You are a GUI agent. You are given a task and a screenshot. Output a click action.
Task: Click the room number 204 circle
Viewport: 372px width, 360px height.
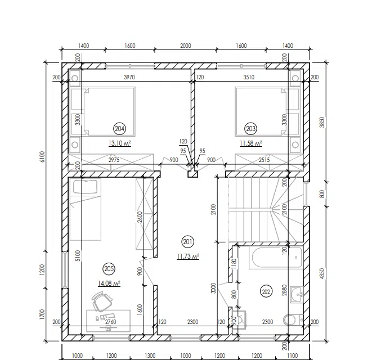[x=119, y=129]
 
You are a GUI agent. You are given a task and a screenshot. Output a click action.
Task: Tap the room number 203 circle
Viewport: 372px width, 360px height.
[x=250, y=129]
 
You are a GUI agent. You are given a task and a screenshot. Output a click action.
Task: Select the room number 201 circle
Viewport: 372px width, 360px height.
[x=187, y=242]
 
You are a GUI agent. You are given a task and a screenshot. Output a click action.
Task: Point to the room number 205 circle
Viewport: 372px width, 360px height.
[x=109, y=269]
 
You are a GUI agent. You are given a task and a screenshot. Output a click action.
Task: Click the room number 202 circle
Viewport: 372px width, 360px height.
[x=266, y=291]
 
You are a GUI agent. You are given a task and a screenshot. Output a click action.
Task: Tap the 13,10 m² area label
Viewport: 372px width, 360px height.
[x=120, y=143]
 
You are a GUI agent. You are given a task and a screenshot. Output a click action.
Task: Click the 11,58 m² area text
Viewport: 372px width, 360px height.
[x=251, y=143]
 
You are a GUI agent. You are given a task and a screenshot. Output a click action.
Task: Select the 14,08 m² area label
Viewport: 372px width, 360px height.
[x=109, y=283]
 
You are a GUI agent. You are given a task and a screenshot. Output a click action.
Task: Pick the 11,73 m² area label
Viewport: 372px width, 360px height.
[x=188, y=256]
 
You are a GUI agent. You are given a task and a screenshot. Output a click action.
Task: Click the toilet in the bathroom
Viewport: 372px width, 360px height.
[x=293, y=320]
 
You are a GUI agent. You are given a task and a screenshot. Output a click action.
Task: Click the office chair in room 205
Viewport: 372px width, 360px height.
[x=102, y=301]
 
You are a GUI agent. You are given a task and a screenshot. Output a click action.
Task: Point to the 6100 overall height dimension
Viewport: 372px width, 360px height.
[x=42, y=156]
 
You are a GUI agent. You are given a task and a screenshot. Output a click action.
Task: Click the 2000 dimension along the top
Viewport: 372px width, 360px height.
[x=186, y=46]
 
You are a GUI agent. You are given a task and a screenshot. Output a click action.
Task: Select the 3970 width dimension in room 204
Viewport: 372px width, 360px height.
[x=129, y=77]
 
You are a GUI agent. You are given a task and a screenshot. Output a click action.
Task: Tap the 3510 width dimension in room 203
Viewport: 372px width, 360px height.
[x=249, y=77]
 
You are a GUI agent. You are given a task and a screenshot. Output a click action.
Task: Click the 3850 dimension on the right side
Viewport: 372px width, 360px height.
[x=322, y=122]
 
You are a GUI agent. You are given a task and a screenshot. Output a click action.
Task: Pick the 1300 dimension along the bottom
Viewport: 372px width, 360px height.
[x=150, y=355]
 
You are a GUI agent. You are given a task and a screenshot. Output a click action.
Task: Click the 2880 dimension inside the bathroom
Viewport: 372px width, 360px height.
[x=285, y=290]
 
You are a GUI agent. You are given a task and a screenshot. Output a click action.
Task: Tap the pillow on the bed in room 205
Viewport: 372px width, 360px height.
[x=85, y=187]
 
